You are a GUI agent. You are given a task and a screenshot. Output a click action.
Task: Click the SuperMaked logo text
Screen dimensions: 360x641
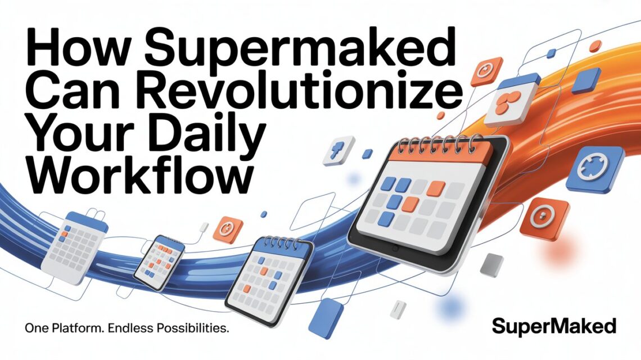click(x=554, y=326)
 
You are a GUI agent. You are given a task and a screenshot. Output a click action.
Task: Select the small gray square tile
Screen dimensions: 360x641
click(x=493, y=265)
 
